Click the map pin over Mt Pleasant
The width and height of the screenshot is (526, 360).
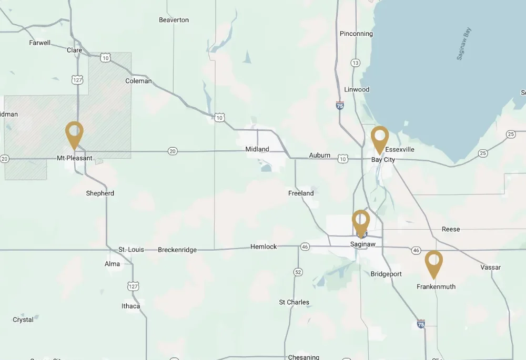click(x=74, y=133)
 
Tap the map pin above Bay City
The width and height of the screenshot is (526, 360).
click(x=379, y=138)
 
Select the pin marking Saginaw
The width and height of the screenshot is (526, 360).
click(x=361, y=221)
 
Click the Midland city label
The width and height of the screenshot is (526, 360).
click(x=257, y=149)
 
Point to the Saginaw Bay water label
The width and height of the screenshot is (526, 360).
click(x=464, y=44)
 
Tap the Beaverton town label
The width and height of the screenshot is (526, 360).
click(x=174, y=20)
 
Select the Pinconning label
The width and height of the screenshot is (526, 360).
click(x=356, y=34)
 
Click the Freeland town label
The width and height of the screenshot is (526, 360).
click(x=301, y=193)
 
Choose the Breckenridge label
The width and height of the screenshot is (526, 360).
click(x=177, y=250)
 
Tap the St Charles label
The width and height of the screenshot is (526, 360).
click(x=294, y=302)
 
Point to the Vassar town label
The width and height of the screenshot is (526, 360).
click(x=490, y=268)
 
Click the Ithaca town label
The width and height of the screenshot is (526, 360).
click(x=131, y=306)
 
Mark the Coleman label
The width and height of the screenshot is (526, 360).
click(x=138, y=81)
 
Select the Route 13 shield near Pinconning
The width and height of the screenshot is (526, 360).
click(x=356, y=63)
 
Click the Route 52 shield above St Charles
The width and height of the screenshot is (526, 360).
click(x=298, y=272)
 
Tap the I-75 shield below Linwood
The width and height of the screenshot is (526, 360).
click(x=340, y=105)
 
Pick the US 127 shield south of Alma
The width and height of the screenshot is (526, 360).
click(x=133, y=286)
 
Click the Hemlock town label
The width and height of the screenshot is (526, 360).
click(x=264, y=246)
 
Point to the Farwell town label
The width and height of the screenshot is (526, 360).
click(x=40, y=43)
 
